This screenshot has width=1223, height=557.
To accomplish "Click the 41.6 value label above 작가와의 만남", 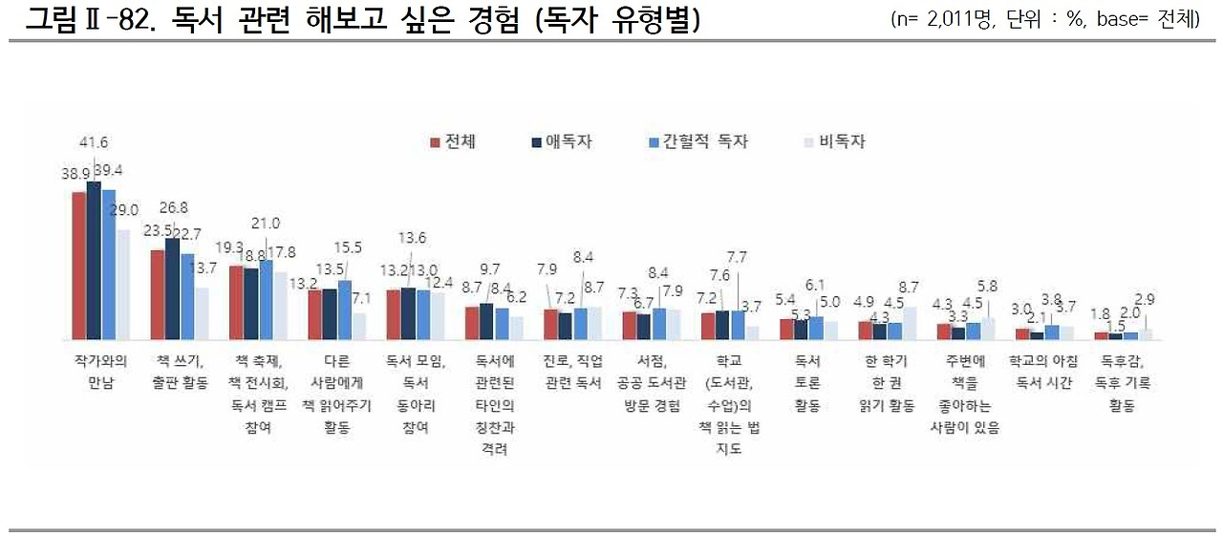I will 94,142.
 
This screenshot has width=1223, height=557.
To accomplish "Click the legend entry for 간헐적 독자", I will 697,141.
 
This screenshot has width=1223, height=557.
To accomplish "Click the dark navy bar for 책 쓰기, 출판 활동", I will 172,289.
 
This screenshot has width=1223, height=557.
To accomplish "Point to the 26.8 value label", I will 173,207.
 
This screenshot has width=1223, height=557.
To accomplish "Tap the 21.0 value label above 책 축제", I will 265,223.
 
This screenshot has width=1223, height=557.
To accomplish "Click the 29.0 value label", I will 124,210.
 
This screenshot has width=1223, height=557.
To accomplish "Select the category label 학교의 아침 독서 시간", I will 1043,372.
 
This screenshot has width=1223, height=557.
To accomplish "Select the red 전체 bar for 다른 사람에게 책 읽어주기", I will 314,314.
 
